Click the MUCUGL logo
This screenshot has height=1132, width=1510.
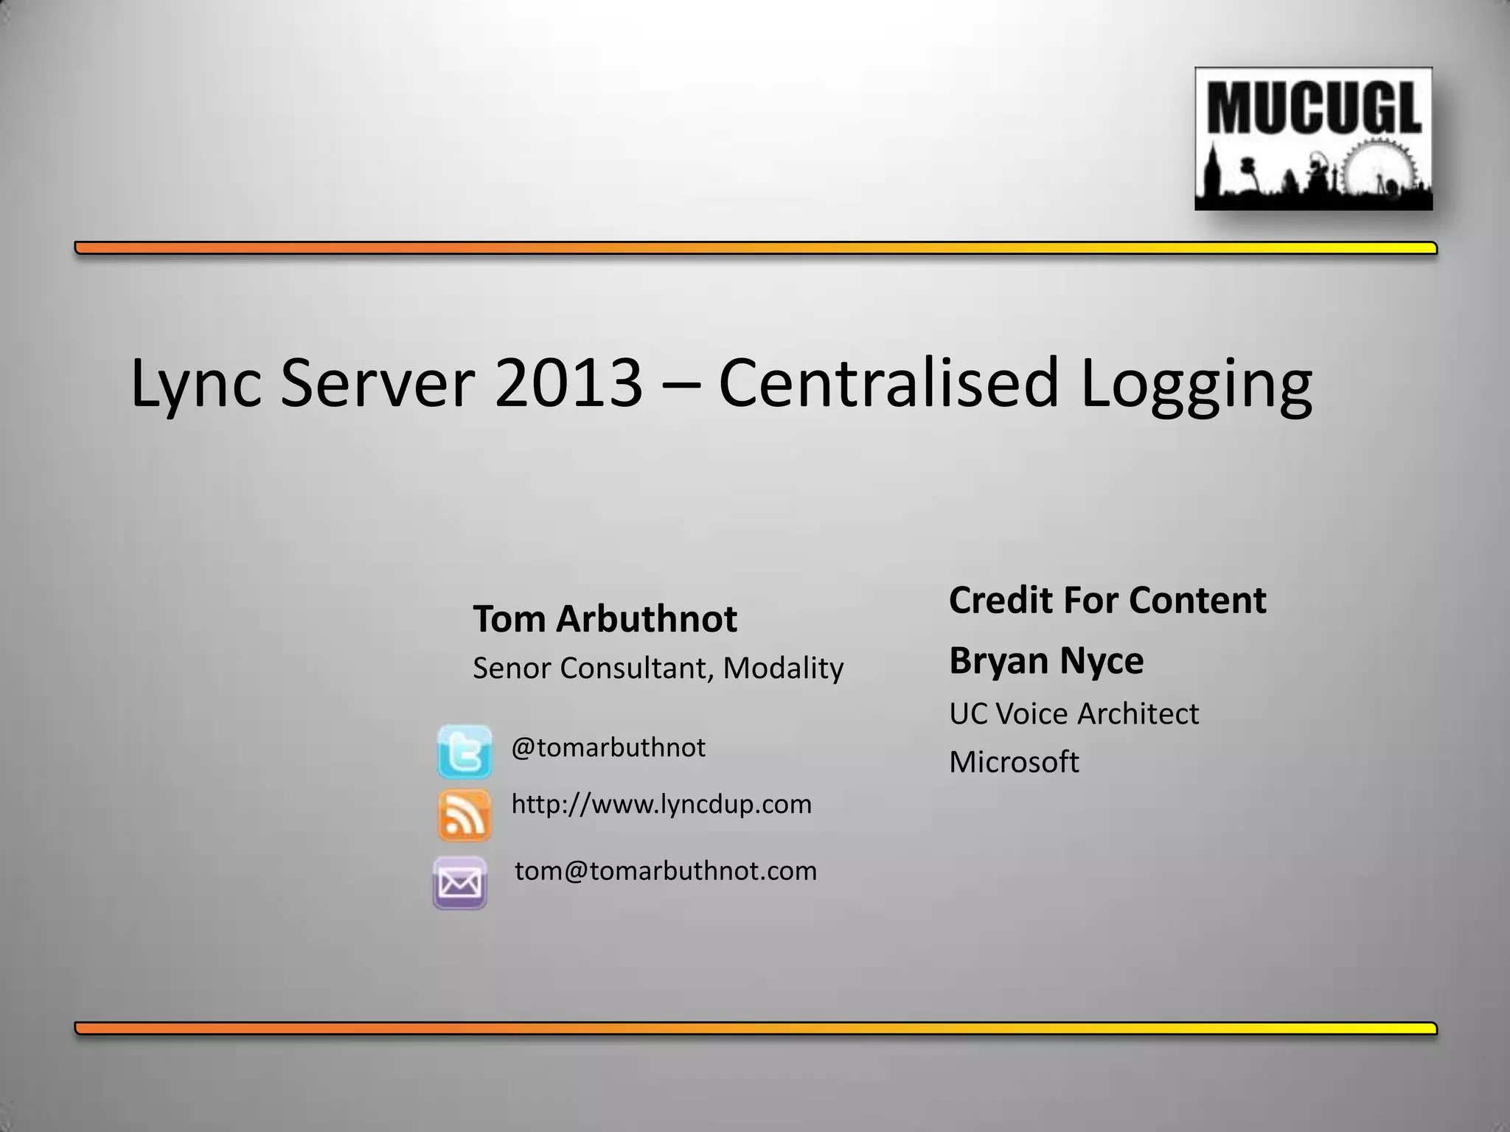pyautogui.click(x=1313, y=139)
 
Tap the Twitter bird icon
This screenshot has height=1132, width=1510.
pyautogui.click(x=465, y=752)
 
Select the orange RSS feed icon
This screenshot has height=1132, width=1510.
pyautogui.click(x=465, y=815)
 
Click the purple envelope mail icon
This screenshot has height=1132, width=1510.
pyautogui.click(x=459, y=882)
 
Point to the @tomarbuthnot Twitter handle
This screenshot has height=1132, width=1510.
pyautogui.click(x=608, y=748)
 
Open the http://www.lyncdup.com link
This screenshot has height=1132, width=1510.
pyautogui.click(x=661, y=804)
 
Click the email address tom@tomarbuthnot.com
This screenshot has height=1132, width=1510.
pyautogui.click(x=666, y=871)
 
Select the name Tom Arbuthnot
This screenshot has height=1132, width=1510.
pyautogui.click(x=605, y=618)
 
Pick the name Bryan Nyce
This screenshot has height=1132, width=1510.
pyautogui.click(x=1046, y=660)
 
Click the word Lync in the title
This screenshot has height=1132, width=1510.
pyautogui.click(x=195, y=383)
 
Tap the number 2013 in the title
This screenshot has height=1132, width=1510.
pyautogui.click(x=568, y=383)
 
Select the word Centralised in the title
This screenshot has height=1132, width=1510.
pyautogui.click(x=888, y=383)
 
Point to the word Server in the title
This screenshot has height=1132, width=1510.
pyautogui.click(x=377, y=383)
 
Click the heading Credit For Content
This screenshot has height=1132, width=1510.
pyautogui.click(x=1107, y=600)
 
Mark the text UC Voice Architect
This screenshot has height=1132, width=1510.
pyautogui.click(x=1074, y=713)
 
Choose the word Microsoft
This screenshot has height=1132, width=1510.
pyautogui.click(x=1014, y=762)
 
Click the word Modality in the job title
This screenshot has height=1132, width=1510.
pyautogui.click(x=783, y=668)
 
